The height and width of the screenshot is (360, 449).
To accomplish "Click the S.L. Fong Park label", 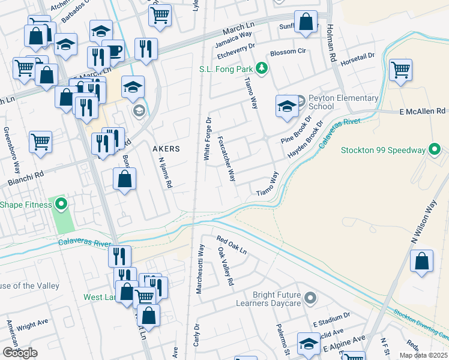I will (x=226, y=69).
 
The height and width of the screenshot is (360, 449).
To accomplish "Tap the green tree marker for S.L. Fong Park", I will (x=261, y=69).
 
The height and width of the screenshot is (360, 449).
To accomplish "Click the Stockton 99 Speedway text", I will (x=383, y=150).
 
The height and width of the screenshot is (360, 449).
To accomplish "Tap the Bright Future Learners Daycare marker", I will (x=310, y=298).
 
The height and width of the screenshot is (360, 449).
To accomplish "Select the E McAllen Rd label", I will (x=423, y=112).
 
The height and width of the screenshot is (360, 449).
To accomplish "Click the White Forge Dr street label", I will (x=208, y=139).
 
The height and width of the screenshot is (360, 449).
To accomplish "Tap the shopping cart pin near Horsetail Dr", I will (x=400, y=69).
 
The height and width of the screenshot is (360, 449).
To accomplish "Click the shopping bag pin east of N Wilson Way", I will (x=422, y=262).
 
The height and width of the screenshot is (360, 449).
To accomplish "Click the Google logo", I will (x=20, y=353).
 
